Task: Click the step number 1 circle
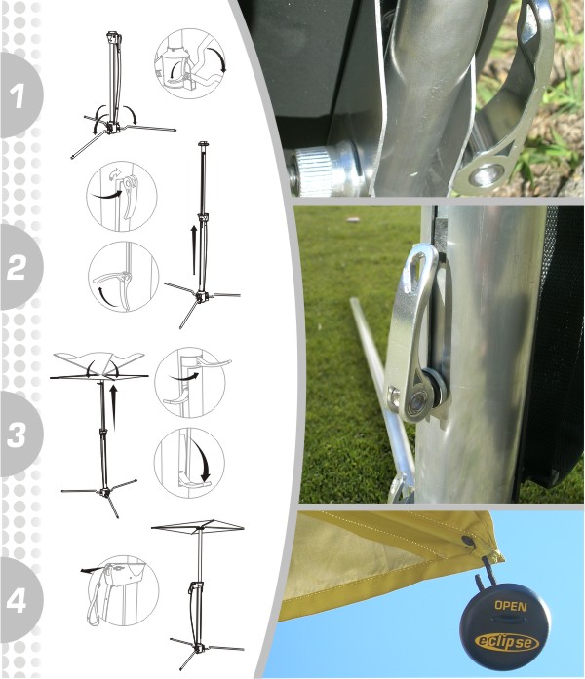coord(19,95)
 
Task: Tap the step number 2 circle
coord(19,267)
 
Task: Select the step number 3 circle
coord(19,434)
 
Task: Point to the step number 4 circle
coord(19,600)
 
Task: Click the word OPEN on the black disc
coord(511,606)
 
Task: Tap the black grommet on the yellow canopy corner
coord(468,541)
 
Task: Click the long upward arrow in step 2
coord(194,249)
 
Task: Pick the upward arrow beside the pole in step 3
coord(114,407)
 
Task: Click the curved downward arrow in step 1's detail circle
coord(218,59)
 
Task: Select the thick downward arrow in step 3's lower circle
coord(202,460)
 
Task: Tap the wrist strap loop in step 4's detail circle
coord(95,606)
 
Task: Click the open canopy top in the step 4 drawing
coord(198,526)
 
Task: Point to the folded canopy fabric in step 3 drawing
coord(98,360)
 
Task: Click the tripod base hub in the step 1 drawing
coord(112,127)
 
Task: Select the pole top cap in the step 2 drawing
coord(203,144)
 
